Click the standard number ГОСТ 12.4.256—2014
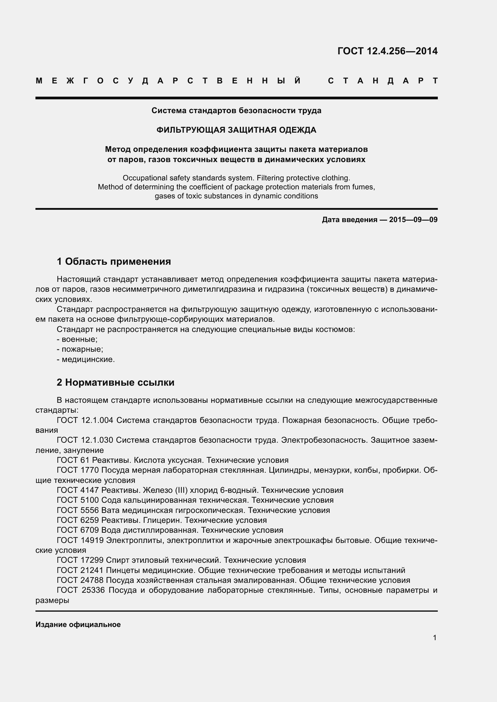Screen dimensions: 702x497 pos(387,51)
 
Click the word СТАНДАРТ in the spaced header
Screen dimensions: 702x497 pos(383,81)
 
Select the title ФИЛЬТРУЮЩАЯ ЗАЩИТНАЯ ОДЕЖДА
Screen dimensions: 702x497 pos(236,130)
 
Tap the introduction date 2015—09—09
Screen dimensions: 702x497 pos(413,219)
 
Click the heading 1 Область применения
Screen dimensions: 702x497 pos(114,261)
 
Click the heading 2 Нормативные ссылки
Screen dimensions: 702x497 pos(115,382)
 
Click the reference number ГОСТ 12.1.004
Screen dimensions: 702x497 pos(85,420)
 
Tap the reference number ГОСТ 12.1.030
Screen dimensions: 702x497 pos(85,440)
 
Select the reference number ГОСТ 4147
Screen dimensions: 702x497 pos(78,490)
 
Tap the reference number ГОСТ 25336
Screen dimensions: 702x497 pos(81,590)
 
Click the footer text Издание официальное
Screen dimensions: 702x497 pos(78,624)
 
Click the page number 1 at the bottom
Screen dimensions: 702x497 pos(434,638)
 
